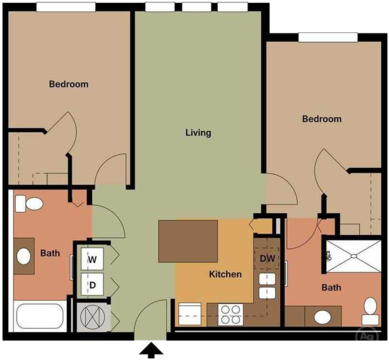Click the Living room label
point(198,132)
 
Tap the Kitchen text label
point(224,274)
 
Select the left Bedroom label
point(68,84)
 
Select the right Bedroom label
point(321,119)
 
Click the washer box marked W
point(92,260)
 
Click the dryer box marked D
point(92,285)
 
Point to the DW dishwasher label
point(267,259)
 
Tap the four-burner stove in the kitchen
point(230,314)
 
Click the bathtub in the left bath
point(40,317)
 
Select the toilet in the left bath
point(29,205)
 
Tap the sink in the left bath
point(24,256)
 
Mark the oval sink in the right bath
point(322,317)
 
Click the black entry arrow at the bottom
point(153,350)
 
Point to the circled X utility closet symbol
point(93,318)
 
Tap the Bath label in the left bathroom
point(50,254)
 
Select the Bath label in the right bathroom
point(330,288)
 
